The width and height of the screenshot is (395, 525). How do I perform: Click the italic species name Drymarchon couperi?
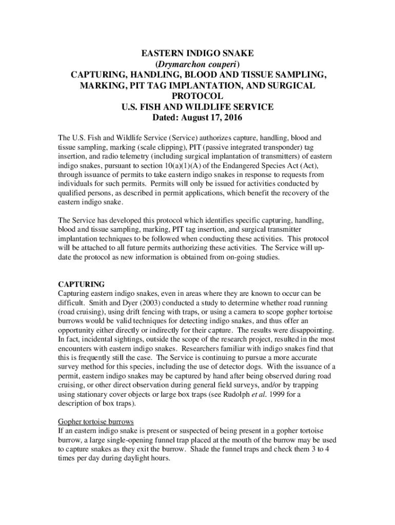point(197,64)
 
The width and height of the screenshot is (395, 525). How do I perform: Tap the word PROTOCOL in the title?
point(197,96)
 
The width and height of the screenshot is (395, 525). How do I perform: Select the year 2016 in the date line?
point(230,117)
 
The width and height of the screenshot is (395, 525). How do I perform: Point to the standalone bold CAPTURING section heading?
point(82,284)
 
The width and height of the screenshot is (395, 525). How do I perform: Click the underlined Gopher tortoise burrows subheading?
point(96,422)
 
